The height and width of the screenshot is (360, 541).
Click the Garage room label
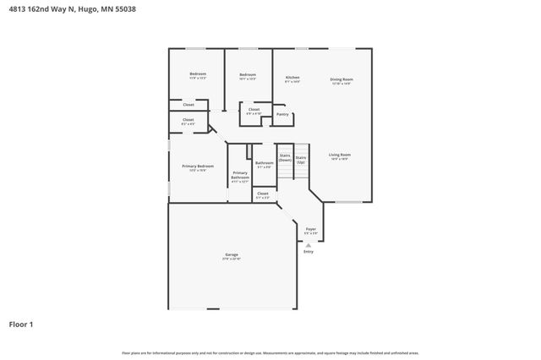(x=231, y=254)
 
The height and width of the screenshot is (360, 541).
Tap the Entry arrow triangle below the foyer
(x=308, y=245)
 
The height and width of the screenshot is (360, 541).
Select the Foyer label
(x=310, y=229)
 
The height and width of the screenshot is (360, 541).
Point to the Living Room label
(x=340, y=155)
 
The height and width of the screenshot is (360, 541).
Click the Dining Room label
(x=341, y=79)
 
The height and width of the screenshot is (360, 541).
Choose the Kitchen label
(x=292, y=77)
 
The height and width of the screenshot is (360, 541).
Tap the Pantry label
(x=282, y=114)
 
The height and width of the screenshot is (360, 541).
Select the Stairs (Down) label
(x=285, y=157)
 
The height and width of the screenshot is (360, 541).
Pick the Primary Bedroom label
(x=198, y=166)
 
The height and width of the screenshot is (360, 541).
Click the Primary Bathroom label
(x=240, y=176)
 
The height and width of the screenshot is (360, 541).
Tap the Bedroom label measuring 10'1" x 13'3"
(x=248, y=75)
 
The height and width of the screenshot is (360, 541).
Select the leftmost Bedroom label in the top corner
(x=198, y=74)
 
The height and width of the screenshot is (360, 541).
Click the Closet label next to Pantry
(x=254, y=109)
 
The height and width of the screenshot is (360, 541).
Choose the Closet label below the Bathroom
(x=263, y=194)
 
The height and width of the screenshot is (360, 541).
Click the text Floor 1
(x=22, y=324)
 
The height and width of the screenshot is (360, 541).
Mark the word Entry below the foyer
(x=308, y=251)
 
